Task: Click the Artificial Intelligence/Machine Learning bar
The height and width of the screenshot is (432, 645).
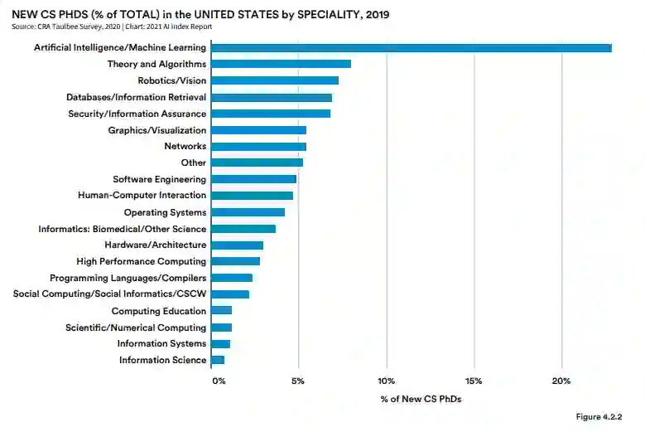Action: click(x=411, y=48)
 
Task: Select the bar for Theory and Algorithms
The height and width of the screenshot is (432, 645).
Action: click(x=281, y=64)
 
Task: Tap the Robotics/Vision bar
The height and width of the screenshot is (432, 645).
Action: click(x=275, y=80)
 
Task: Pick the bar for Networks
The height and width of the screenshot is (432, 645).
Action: click(x=258, y=147)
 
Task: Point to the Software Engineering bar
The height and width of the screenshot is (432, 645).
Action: click(x=253, y=179)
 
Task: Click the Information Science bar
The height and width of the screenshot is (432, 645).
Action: click(x=218, y=360)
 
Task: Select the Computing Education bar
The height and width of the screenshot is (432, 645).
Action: click(x=221, y=311)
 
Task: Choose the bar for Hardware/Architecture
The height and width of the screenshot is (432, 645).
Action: click(x=237, y=245)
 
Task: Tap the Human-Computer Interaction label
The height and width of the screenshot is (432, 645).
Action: click(x=142, y=196)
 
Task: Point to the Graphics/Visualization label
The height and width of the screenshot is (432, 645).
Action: click(x=157, y=130)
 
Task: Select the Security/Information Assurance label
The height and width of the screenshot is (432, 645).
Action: click(x=137, y=114)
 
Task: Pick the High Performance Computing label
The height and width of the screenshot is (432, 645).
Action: click(x=141, y=261)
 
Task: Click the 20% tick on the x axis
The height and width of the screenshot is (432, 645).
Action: click(x=561, y=381)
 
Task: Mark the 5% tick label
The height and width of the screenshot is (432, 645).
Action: click(x=298, y=381)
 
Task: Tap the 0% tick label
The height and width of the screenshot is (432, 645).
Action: click(x=219, y=381)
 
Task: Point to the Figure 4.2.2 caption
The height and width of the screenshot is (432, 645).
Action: click(x=599, y=415)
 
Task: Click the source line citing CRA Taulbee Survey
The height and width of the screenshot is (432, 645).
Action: click(x=112, y=27)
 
